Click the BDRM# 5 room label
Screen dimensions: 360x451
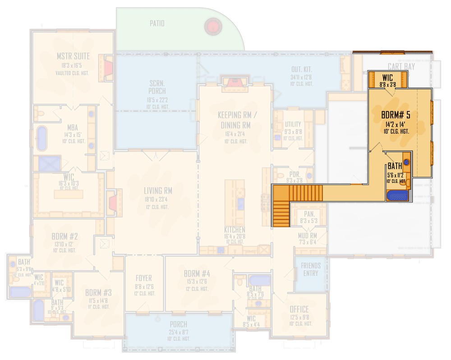coord(396,115)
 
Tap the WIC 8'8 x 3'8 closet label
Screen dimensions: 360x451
coord(387,78)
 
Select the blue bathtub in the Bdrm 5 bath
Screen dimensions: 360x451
coord(397,196)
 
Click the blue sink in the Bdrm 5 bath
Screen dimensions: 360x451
coord(406,161)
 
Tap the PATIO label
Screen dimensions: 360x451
coord(157,23)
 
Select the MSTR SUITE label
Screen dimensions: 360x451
coord(73,57)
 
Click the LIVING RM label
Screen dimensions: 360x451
coord(158,190)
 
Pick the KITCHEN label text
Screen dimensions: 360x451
coord(235,230)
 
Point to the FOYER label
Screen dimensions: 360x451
coord(143,278)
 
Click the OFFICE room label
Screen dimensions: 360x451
coord(299,309)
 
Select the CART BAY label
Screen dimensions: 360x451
coord(401,67)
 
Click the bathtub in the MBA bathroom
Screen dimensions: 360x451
coord(41,138)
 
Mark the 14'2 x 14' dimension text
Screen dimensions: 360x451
coord(396,124)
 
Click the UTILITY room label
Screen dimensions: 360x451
coord(293,125)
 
